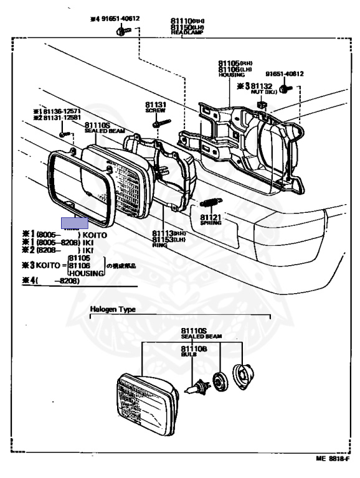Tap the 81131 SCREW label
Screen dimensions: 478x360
coord(156,106)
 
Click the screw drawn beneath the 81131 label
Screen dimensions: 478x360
coord(158,123)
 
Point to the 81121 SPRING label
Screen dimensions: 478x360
coord(211,219)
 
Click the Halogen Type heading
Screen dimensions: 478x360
coord(113,309)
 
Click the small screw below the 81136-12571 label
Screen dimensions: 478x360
coord(63,133)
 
